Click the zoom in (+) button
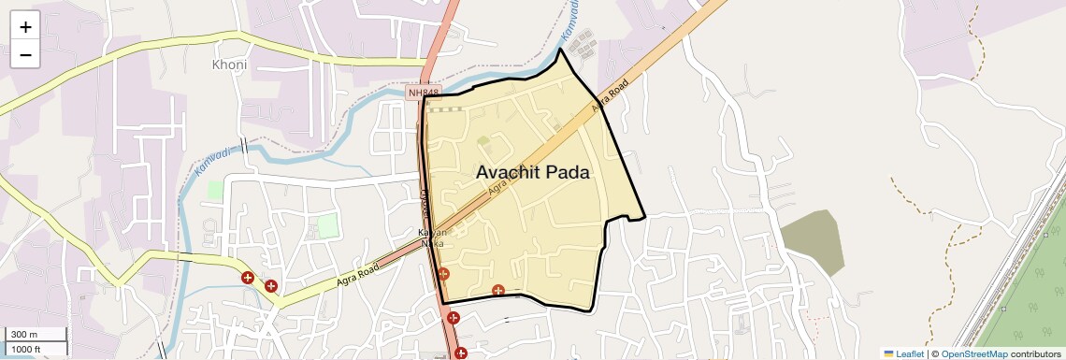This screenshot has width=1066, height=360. click(x=25, y=26)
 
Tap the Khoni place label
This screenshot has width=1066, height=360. click(x=229, y=65)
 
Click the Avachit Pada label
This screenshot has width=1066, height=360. click(x=533, y=173)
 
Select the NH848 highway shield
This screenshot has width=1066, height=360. click(x=423, y=93)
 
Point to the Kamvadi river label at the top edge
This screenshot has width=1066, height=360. click(x=570, y=21)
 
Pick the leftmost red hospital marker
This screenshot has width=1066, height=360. click(x=248, y=278)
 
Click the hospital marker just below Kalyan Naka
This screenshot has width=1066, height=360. click(x=443, y=274)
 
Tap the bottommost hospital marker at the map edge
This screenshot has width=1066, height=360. click(x=460, y=353)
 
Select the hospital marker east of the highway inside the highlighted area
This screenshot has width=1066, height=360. click(x=498, y=291)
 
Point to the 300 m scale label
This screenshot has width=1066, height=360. click(x=24, y=335)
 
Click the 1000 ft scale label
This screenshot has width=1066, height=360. click(x=26, y=349)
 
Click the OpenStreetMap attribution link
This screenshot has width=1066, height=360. click(x=973, y=354)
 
